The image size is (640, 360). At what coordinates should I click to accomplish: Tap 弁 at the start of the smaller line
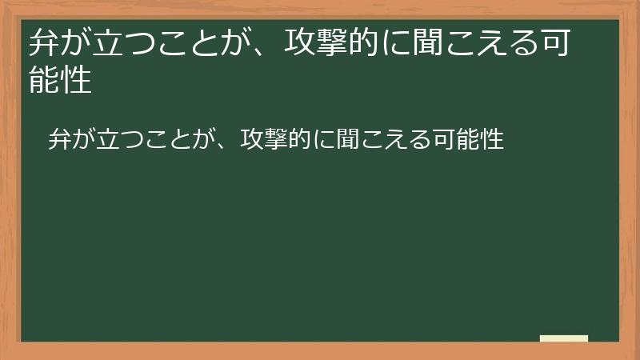point(59,139)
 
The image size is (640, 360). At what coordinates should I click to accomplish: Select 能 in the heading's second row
point(44,82)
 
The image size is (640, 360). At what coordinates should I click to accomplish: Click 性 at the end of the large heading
point(76,82)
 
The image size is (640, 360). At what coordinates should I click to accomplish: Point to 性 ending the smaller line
point(492,139)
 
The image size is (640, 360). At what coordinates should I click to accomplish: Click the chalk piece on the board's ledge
point(564,338)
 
